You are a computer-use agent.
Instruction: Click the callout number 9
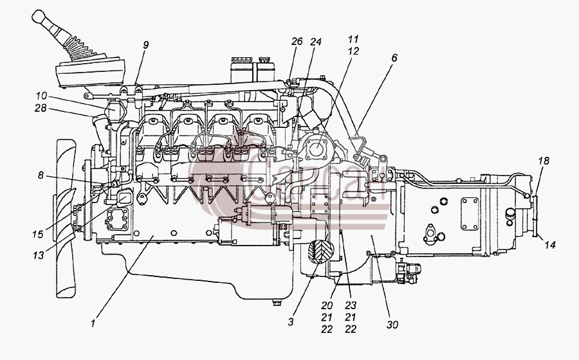tap(146, 45)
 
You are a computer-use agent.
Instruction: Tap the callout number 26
tap(297, 41)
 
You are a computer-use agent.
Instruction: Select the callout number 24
tap(316, 42)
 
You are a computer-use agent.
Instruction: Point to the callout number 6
tap(394, 58)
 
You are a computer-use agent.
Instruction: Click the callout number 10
tap(41, 96)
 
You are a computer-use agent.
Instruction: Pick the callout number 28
tap(41, 108)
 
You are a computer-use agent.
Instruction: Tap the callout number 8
tap(41, 175)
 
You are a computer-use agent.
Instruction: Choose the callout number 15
tap(38, 234)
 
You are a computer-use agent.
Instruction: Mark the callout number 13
tap(39, 255)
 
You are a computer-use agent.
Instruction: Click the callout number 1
tap(93, 323)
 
